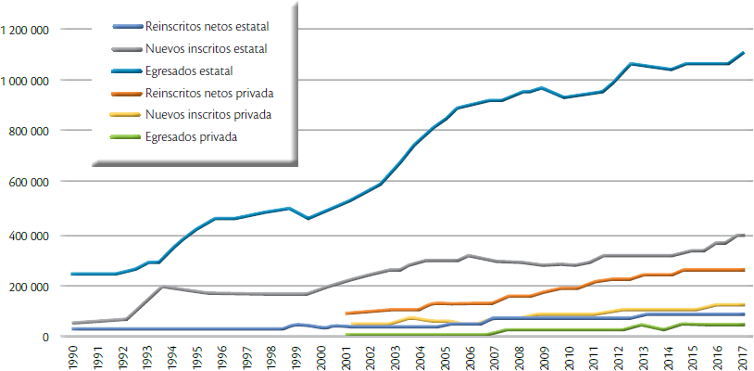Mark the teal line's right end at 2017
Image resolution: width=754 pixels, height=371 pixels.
[x=744, y=52]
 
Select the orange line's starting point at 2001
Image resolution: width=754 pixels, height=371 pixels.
[x=346, y=313]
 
